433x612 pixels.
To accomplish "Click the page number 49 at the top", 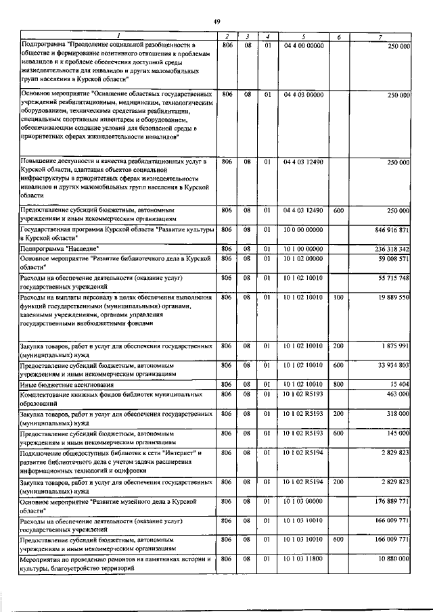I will point(217,22).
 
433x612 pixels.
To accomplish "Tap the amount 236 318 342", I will point(390,250).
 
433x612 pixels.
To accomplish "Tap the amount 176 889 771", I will point(390,501).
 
